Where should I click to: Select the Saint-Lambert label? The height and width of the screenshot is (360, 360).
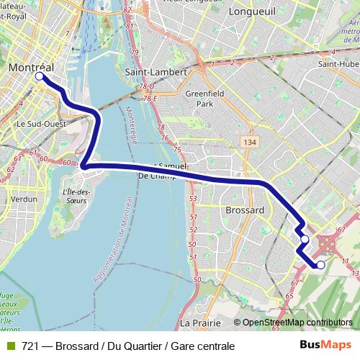point(156,72)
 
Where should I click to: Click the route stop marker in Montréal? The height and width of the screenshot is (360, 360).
point(40,76)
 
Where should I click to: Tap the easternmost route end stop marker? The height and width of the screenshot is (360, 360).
point(321,265)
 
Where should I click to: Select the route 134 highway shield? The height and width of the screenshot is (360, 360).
point(250,143)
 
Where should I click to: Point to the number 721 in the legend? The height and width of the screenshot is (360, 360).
point(30,347)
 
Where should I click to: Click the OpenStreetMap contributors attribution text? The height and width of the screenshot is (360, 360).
point(297,323)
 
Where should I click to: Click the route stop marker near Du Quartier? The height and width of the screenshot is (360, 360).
point(305,239)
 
